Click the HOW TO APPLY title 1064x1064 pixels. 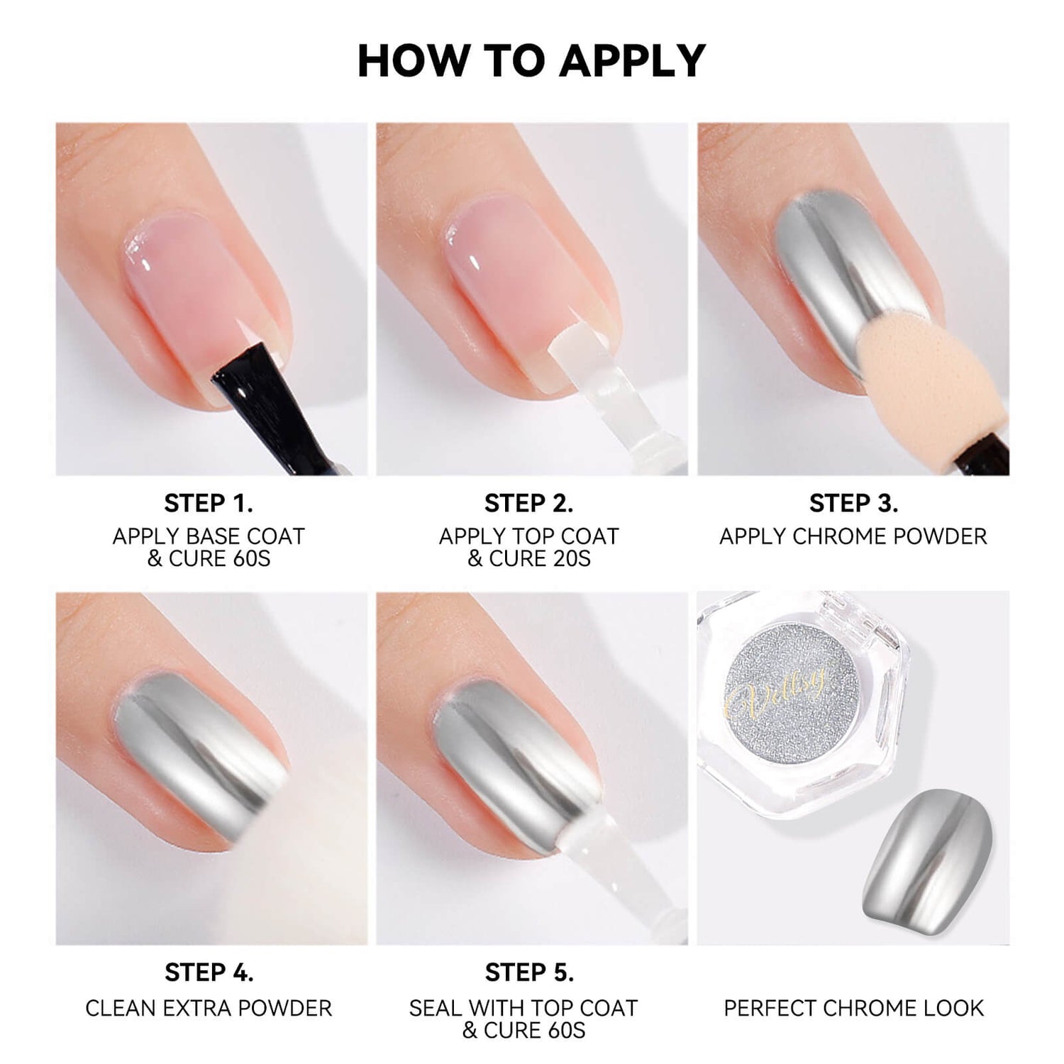click(531, 61)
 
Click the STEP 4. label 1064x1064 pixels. click(209, 972)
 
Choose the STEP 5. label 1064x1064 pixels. click(528, 972)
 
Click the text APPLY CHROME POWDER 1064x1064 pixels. click(853, 536)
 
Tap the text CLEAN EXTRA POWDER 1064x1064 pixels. click(209, 1008)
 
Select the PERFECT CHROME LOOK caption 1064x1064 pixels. click(853, 1008)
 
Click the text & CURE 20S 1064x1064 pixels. click(528, 559)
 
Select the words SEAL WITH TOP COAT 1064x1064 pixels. click(523, 1008)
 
